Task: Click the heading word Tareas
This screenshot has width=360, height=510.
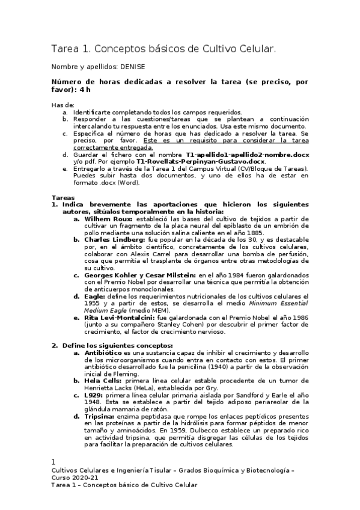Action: (63, 197)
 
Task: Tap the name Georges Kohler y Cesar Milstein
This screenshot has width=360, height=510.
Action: (148, 275)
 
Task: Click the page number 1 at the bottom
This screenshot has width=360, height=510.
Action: (53, 462)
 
